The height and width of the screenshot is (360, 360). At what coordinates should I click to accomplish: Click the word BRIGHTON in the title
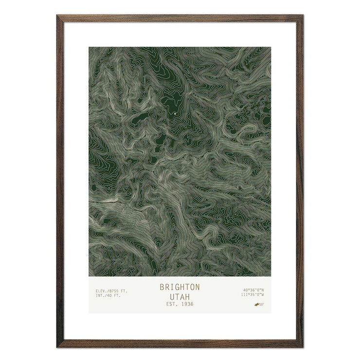click(x=180, y=287)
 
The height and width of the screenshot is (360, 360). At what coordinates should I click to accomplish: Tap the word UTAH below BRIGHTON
click(x=180, y=296)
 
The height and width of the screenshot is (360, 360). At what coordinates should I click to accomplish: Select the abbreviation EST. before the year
click(x=171, y=304)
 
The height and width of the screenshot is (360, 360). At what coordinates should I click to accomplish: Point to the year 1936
click(x=186, y=304)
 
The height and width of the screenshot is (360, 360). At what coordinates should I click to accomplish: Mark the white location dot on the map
click(x=175, y=114)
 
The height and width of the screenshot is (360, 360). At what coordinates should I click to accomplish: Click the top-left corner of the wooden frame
click(x=58, y=16)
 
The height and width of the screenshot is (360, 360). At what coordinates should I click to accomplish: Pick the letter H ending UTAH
click(x=188, y=296)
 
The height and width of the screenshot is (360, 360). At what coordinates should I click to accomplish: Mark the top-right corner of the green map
click(x=270, y=47)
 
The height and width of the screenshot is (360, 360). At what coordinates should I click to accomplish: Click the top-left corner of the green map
click(x=89, y=47)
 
